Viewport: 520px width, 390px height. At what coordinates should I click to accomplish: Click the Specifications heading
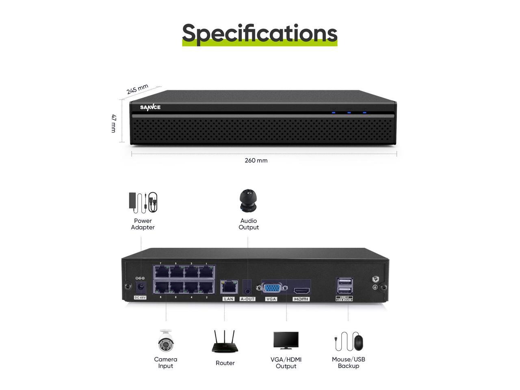(260, 33)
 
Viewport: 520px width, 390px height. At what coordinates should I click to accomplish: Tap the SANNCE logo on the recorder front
(150, 107)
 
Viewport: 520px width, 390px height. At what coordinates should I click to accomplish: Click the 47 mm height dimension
(114, 123)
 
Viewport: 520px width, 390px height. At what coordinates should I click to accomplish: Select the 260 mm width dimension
(256, 160)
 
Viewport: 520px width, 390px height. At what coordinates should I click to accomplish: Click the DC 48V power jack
(141, 287)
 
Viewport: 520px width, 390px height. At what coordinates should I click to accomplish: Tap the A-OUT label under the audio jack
(247, 299)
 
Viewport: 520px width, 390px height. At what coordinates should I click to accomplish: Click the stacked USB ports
(344, 286)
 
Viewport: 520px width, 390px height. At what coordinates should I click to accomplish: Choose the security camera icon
(166, 341)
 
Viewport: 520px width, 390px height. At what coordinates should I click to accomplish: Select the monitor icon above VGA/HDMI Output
(286, 340)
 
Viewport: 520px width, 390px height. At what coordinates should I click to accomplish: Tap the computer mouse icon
(358, 342)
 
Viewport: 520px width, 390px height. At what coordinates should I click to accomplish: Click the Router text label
(225, 363)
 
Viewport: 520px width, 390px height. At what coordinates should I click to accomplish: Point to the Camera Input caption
(166, 362)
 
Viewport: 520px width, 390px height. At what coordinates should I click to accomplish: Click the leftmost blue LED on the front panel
(334, 112)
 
